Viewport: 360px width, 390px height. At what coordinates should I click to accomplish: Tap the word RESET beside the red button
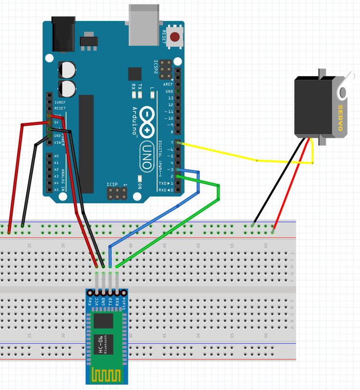[x=164, y=37]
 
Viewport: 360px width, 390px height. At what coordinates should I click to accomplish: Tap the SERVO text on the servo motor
[x=341, y=117]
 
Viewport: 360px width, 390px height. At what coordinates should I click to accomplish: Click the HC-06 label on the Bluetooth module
[x=101, y=345]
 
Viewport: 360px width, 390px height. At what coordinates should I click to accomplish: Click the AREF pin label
[x=168, y=84]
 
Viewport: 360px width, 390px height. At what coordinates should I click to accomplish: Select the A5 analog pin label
[x=57, y=190]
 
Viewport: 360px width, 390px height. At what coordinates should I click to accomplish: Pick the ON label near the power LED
[x=140, y=186]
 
